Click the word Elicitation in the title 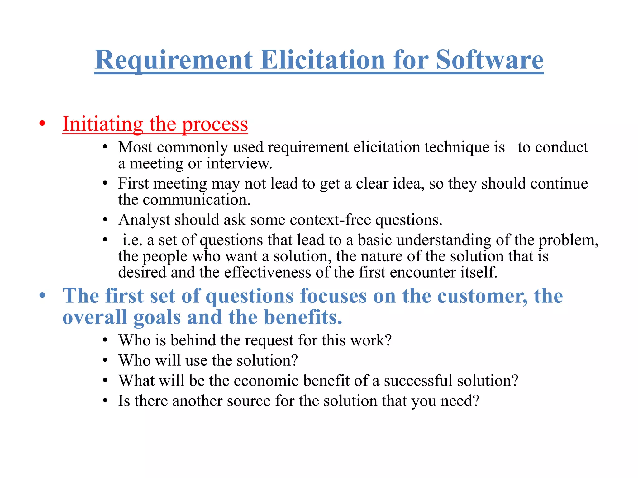tap(323, 60)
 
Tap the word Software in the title tap(489, 60)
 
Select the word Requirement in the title tap(174, 60)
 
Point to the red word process tap(215, 124)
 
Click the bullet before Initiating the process tap(42, 124)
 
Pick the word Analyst tap(144, 220)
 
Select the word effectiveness tap(267, 272)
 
